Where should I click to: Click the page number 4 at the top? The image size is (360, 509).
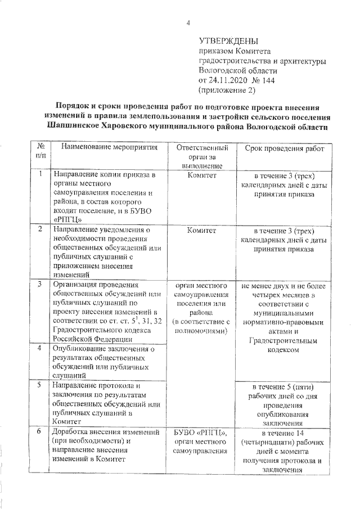[x=188, y=23]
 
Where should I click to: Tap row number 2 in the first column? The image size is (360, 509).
[x=40, y=229]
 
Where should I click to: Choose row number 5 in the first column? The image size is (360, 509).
[x=40, y=386]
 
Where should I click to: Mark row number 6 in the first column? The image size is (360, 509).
[x=40, y=431]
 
